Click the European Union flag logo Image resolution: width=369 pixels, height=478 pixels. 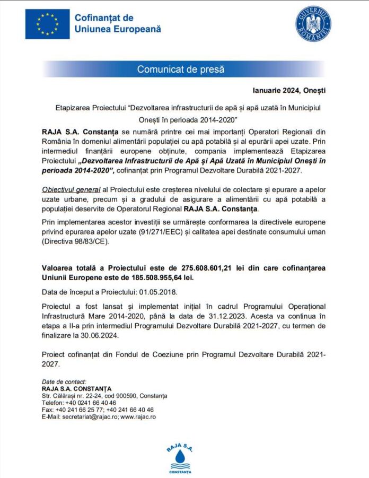pyautogui.click(x=47, y=24)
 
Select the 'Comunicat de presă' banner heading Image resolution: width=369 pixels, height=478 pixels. pyautogui.click(x=181, y=69)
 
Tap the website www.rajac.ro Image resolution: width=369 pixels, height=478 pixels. pyautogui.click(x=138, y=417)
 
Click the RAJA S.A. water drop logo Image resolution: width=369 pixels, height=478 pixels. pyautogui.click(x=180, y=455)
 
